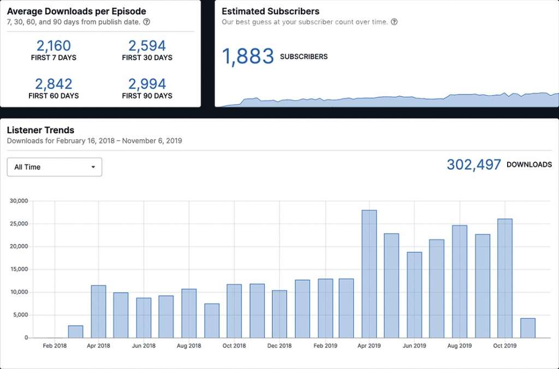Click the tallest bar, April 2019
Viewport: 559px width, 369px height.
(369, 273)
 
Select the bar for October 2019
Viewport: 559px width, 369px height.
(505, 278)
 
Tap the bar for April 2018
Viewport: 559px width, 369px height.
(98, 311)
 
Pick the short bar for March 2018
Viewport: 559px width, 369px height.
(76, 331)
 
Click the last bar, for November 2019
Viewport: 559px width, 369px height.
(528, 328)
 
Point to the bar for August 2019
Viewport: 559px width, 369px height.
(460, 281)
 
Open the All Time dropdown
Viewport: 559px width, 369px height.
(55, 167)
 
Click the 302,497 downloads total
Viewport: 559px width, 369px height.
(474, 165)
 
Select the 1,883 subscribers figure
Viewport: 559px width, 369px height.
(248, 57)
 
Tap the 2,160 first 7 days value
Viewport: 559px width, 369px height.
(53, 46)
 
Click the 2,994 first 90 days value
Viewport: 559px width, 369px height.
(147, 84)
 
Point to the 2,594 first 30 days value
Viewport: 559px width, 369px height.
(147, 46)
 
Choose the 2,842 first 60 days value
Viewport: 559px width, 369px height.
(53, 84)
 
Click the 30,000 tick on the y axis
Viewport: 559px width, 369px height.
(19, 201)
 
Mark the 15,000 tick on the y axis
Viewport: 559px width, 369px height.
(19, 269)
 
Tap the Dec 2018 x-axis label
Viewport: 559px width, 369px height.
(279, 346)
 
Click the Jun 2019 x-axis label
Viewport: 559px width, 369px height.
(414, 346)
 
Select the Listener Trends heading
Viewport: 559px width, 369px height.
(40, 130)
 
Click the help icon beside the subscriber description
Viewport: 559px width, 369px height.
(394, 22)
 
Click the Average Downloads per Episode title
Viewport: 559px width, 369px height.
(76, 11)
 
